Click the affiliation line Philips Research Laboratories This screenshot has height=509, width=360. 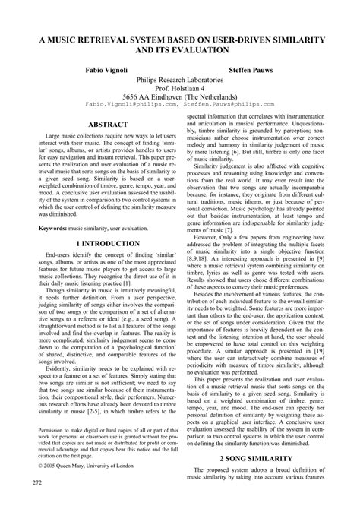pos(180,79)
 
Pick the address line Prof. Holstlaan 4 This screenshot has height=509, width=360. pos(180,87)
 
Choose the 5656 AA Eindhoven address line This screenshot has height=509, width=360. pos(180,96)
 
